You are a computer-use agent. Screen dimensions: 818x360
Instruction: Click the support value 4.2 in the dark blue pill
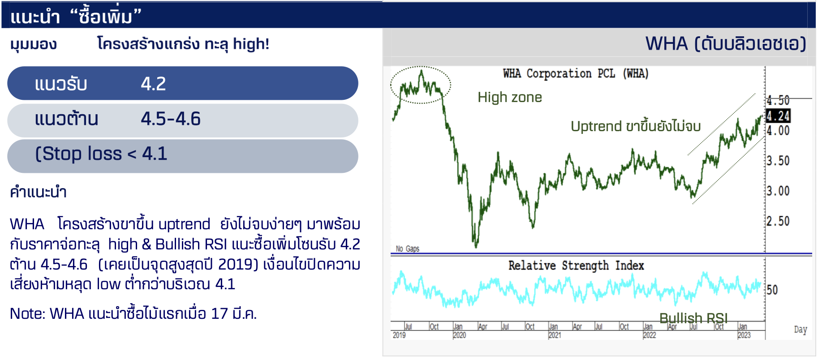(153, 84)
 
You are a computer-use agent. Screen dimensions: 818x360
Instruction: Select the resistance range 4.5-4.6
(171, 119)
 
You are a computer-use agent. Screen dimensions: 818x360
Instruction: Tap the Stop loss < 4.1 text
(101, 154)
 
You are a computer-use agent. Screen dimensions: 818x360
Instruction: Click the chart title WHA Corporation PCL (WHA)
(576, 73)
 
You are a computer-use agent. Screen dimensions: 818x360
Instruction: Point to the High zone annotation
(510, 97)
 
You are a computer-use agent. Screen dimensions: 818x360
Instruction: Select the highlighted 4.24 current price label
(778, 116)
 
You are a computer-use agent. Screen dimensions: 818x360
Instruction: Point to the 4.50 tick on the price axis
(778, 100)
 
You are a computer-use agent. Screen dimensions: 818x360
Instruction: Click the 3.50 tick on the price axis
(778, 161)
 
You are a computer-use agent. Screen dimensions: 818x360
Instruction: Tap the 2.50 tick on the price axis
(778, 221)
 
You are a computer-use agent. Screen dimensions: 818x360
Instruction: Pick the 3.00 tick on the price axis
(778, 191)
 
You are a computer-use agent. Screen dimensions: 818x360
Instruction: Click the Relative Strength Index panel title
(576, 266)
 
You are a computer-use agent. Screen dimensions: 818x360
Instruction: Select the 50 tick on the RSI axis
(772, 290)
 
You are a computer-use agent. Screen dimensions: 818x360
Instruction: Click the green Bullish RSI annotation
(693, 318)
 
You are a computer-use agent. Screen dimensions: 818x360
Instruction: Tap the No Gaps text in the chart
(408, 249)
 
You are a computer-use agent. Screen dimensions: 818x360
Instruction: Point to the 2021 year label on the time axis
(555, 335)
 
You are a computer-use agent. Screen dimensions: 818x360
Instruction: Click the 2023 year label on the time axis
(744, 335)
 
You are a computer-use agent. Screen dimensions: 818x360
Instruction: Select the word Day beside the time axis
(801, 330)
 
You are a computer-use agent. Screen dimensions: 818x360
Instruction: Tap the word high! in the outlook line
(251, 44)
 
